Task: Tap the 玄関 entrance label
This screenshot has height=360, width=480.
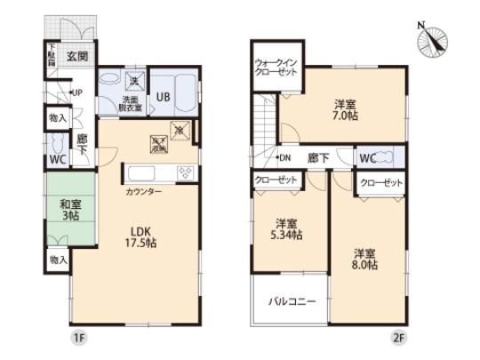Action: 76,56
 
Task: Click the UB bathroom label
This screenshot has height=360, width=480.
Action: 165,97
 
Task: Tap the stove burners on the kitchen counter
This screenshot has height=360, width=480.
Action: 187,172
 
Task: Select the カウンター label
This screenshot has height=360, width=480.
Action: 144,191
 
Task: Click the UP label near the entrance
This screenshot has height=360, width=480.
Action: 76,92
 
